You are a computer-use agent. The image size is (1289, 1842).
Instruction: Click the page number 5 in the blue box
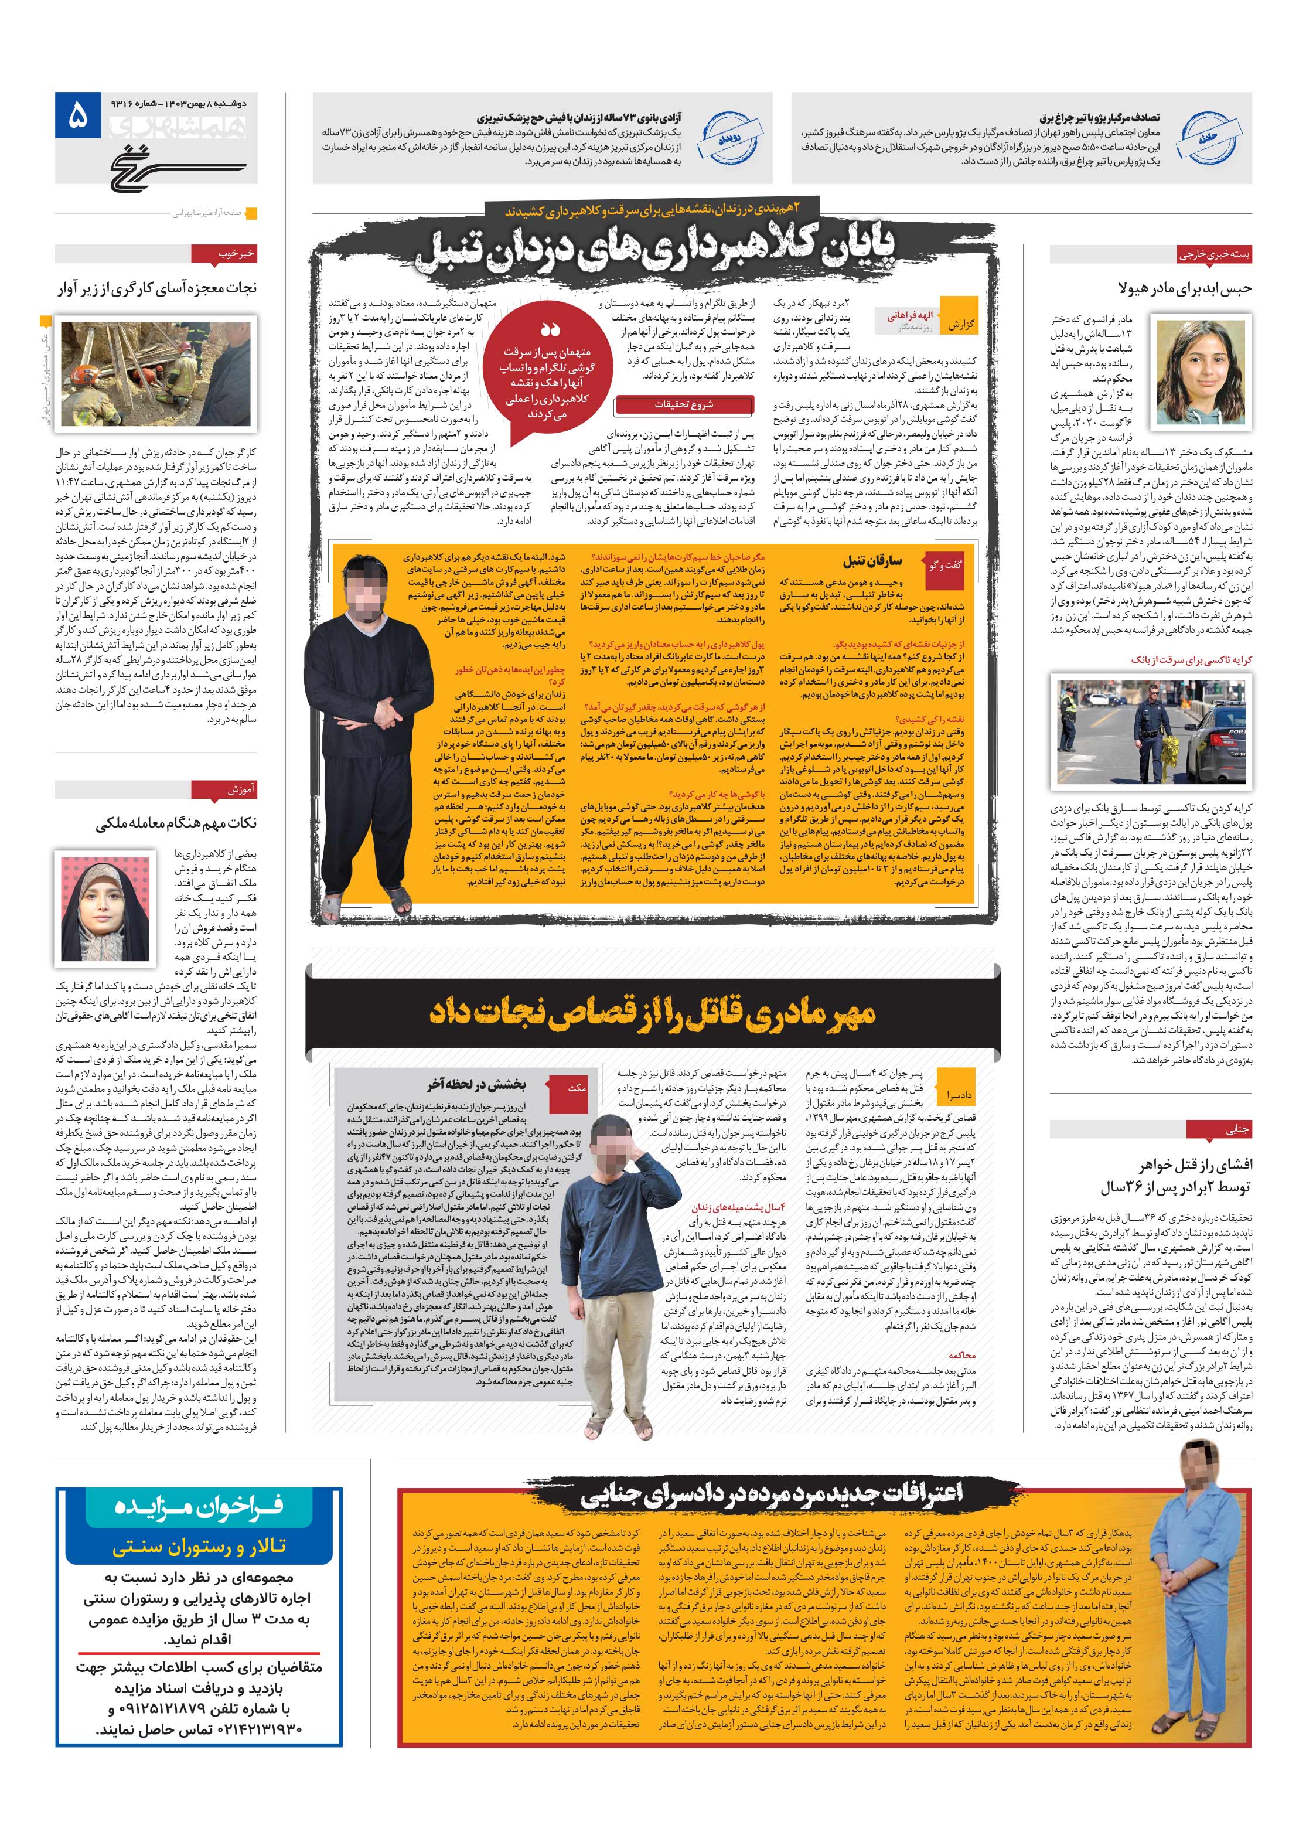[76, 118]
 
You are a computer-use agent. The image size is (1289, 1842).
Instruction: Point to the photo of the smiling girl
[1199, 369]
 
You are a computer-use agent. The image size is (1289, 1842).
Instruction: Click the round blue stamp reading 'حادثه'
[1208, 138]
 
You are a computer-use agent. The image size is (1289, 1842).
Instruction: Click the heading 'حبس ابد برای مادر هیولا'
[1184, 287]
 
